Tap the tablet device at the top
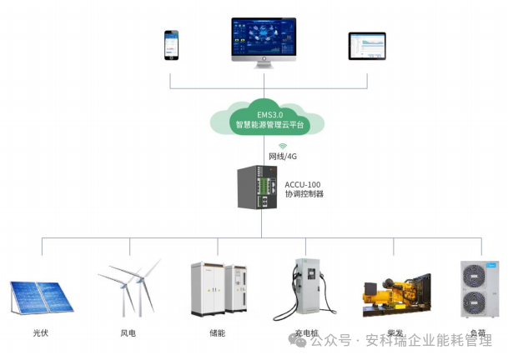point(367,46)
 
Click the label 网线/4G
point(281,157)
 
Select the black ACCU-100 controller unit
point(257,189)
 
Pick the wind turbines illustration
point(130,287)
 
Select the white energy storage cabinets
point(219,289)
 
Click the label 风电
point(128,333)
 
